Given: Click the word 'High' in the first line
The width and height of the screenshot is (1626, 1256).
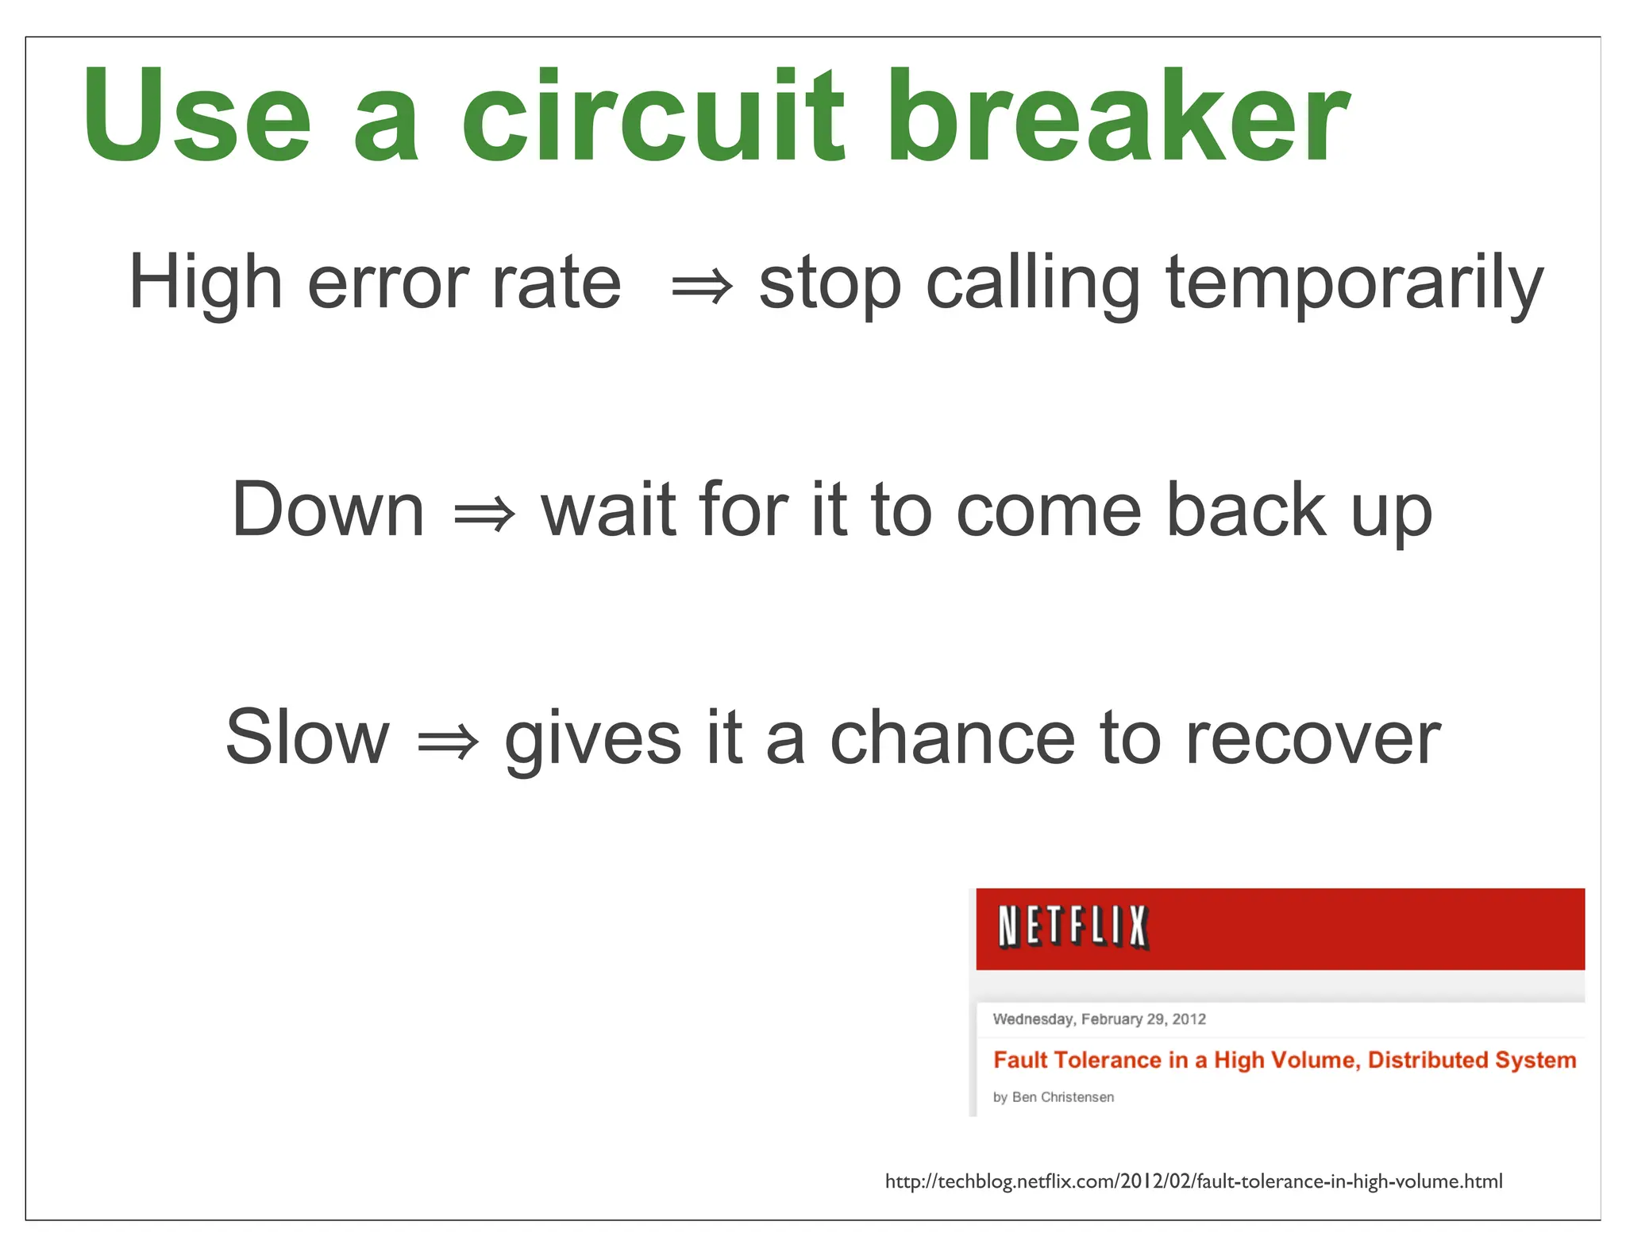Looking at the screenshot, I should [x=206, y=283].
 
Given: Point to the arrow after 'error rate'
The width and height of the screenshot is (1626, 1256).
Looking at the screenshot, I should [x=702, y=287].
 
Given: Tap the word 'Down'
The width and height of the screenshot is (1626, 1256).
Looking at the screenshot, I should [x=328, y=510].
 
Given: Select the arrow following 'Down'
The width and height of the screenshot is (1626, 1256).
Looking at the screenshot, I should [x=484, y=514].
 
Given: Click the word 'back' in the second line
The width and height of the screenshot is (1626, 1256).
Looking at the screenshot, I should [x=1246, y=510].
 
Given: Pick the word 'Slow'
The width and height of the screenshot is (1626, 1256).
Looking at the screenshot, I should [x=307, y=738].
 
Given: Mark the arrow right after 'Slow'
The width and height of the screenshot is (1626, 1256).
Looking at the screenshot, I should [x=448, y=742].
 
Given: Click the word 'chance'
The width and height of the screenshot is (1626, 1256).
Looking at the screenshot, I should [x=952, y=738].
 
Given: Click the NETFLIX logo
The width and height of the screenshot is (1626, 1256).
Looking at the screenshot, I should [x=1073, y=927].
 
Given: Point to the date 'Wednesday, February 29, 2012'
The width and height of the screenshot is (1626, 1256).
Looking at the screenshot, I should [x=1099, y=1019].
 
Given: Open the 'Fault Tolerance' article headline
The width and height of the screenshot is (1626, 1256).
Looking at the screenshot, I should [x=1284, y=1060].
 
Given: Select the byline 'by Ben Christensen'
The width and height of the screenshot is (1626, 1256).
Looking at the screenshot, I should [x=1053, y=1097].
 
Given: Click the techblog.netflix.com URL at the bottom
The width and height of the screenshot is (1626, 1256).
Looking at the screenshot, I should [x=1193, y=1181].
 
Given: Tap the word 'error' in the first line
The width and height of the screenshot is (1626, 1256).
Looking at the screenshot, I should [x=388, y=283].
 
